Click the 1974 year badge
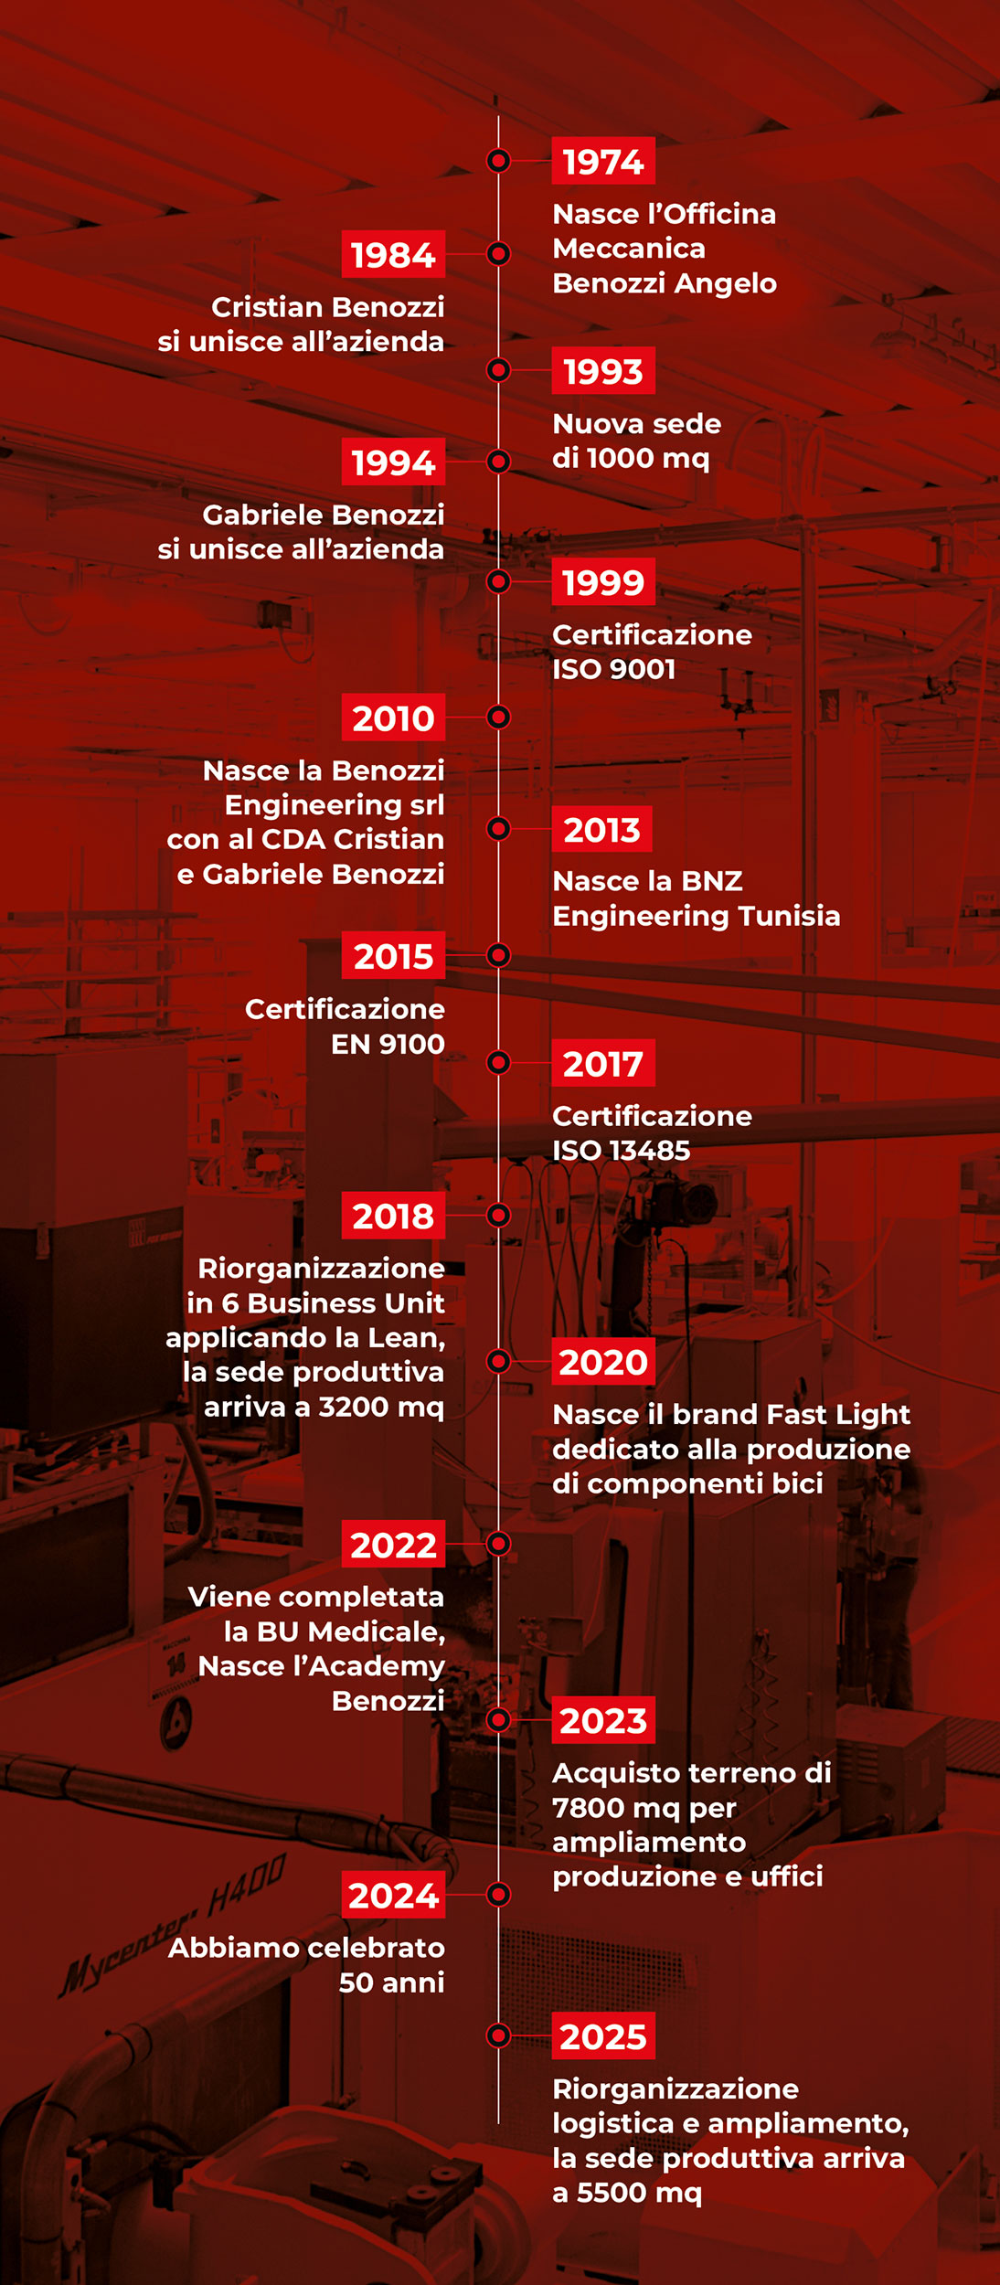pyautogui.click(x=603, y=161)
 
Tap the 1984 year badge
pyautogui.click(x=393, y=254)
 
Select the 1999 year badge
pyautogui.click(x=603, y=581)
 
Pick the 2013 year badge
pyautogui.click(x=602, y=829)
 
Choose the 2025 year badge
pyautogui.click(x=603, y=2035)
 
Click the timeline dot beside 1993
pyautogui.click(x=498, y=370)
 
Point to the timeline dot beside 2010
pyautogui.click(x=498, y=717)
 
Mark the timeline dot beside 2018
pyautogui.click(x=498, y=1215)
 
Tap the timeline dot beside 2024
pyautogui.click(x=498, y=1895)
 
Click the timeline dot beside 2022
pyautogui.click(x=498, y=1544)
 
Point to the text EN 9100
pyautogui.click(x=388, y=1044)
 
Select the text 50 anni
pyautogui.click(x=391, y=1983)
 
